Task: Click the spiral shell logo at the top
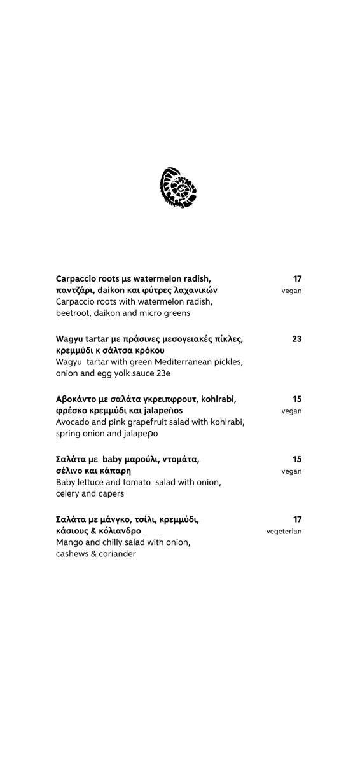point(178,188)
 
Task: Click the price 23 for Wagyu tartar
point(297,339)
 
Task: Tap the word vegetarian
point(284,532)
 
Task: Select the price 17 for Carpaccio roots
point(297,278)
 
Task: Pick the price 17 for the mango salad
point(297,519)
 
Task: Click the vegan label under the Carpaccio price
point(291,291)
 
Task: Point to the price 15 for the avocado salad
point(297,399)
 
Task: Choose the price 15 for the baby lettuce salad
point(297,459)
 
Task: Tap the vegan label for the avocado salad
point(291,411)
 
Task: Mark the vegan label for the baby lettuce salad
point(291,472)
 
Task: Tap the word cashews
point(73,554)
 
